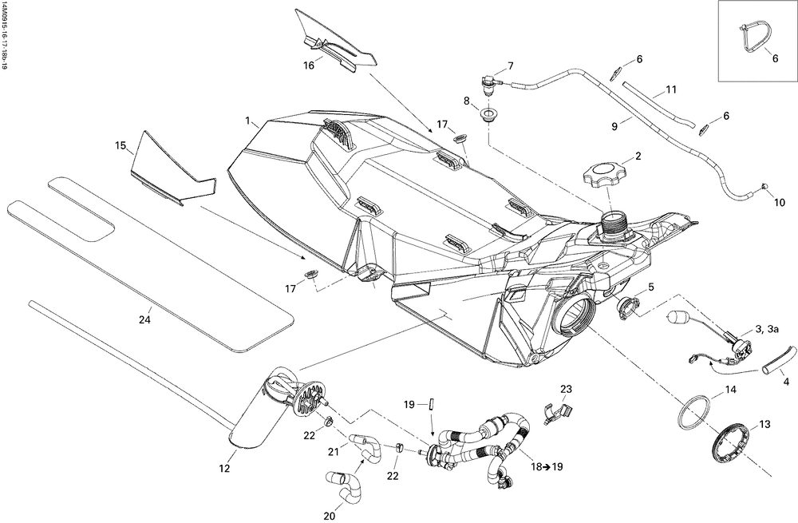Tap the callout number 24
pos(145,320)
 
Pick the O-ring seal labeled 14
pos(695,413)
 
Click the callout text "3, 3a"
pos(767,330)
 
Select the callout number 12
pos(224,468)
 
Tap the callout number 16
pos(310,65)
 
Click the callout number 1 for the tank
pos(248,121)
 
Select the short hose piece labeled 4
pos(778,362)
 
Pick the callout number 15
pos(120,145)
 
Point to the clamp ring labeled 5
pos(627,307)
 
